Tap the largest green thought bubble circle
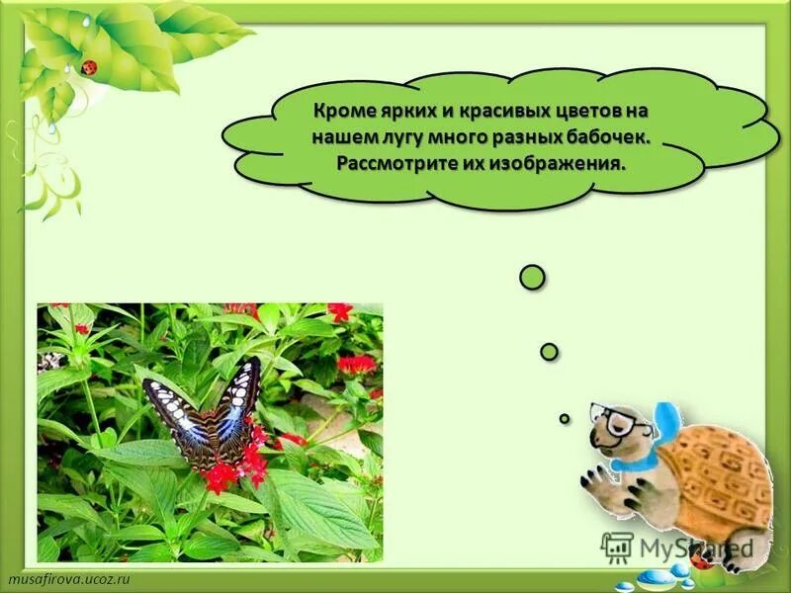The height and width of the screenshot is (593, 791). pos(532,278)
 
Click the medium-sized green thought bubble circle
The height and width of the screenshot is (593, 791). pos(550,351)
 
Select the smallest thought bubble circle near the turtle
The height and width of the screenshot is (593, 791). pos(565,418)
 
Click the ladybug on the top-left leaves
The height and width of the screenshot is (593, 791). pos(90,67)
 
